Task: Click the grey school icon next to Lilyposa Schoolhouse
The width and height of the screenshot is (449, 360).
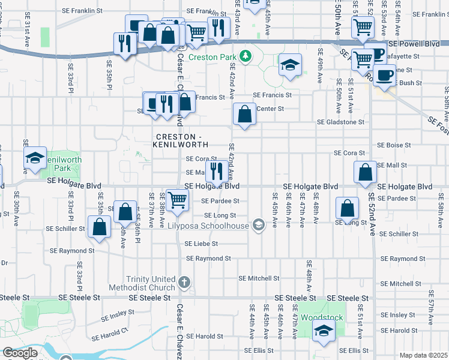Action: (259, 225)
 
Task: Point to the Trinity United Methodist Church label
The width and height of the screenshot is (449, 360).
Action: (150, 283)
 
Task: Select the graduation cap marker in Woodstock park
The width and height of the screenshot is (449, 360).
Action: (324, 331)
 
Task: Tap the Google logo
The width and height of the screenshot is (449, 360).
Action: (20, 353)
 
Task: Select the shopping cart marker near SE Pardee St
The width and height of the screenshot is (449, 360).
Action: (176, 199)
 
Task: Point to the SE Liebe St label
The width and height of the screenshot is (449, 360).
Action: (201, 244)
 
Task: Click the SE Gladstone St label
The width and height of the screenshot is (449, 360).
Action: (341, 122)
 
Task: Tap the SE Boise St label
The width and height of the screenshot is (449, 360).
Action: (394, 145)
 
